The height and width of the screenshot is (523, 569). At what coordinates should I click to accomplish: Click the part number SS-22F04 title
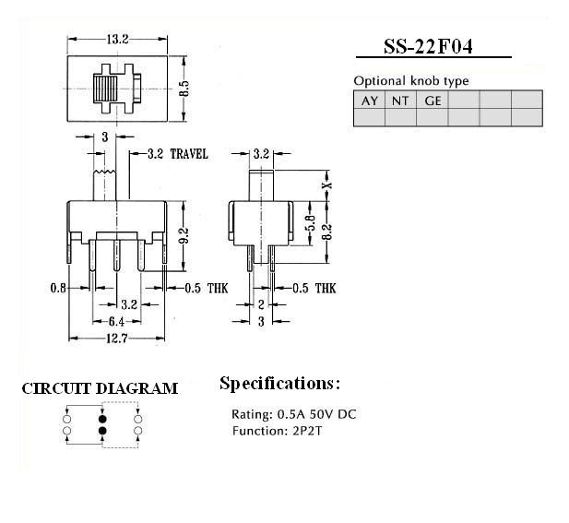[428, 47]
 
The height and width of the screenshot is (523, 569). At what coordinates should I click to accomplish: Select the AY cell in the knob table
[370, 101]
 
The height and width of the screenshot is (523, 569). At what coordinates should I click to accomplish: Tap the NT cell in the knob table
[400, 101]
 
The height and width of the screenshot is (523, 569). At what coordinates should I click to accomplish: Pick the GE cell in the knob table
[433, 101]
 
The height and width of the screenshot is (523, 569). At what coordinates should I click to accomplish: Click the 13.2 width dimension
[117, 39]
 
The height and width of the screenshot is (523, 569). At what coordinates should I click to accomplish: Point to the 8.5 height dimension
[184, 89]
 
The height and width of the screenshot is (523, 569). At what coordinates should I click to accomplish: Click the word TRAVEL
[189, 154]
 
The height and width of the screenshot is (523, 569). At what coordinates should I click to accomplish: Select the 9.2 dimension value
[184, 236]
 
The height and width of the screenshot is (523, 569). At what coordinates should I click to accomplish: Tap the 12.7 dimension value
[117, 339]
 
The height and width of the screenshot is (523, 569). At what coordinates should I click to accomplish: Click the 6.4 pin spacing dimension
[116, 322]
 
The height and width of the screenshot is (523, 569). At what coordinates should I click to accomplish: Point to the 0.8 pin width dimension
[58, 288]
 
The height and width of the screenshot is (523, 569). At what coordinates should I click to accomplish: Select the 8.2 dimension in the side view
[327, 232]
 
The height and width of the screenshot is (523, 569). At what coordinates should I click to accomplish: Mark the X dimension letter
[327, 184]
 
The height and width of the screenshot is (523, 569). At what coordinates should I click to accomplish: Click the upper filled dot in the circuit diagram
[102, 419]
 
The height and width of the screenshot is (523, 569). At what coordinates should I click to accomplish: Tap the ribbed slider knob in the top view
[105, 89]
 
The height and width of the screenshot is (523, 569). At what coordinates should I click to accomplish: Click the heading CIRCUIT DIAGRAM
[100, 388]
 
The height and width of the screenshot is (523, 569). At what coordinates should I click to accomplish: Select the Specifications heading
[280, 384]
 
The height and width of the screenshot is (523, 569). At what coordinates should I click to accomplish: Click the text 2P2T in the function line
[307, 431]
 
